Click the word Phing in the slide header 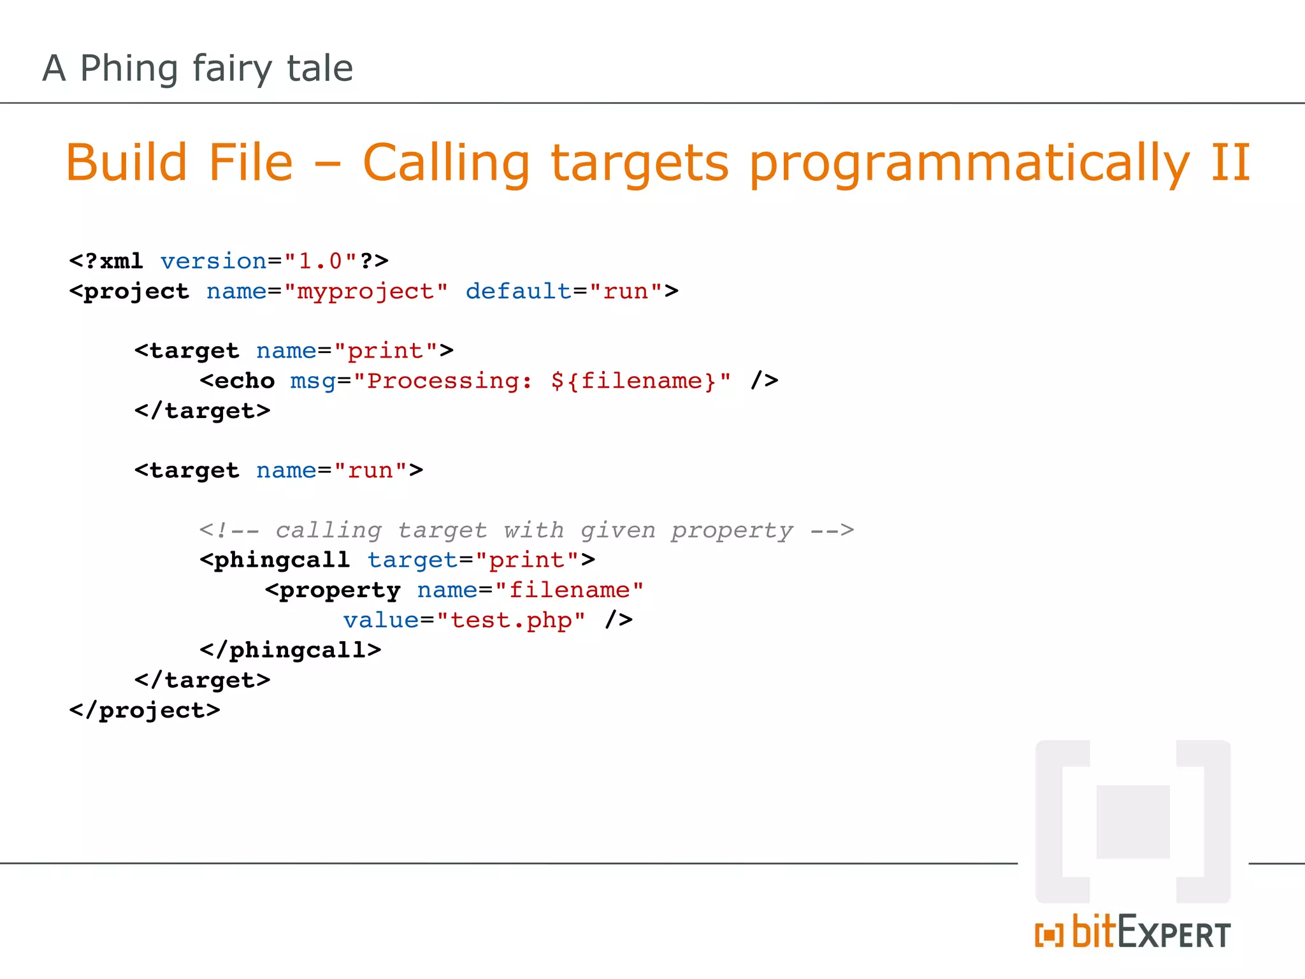pyautogui.click(x=129, y=69)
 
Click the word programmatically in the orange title pyautogui.click(x=969, y=163)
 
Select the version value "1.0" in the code pyautogui.click(x=320, y=261)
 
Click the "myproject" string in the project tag pyautogui.click(x=366, y=291)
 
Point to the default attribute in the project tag pyautogui.click(x=519, y=291)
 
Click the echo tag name pyautogui.click(x=245, y=381)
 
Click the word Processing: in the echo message pyautogui.click(x=450, y=381)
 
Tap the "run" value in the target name pyautogui.click(x=370, y=470)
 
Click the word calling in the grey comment pyautogui.click(x=328, y=530)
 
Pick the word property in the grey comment pyautogui.click(x=732, y=530)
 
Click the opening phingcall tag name pyautogui.click(x=282, y=560)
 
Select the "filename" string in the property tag pyautogui.click(x=570, y=590)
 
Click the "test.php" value pyautogui.click(x=511, y=620)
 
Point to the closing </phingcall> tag pyautogui.click(x=291, y=650)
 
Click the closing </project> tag pyautogui.click(x=145, y=710)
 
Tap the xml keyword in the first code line pyautogui.click(x=121, y=261)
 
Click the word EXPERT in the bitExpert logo pyautogui.click(x=1174, y=935)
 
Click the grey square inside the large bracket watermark pyautogui.click(x=1132, y=822)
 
